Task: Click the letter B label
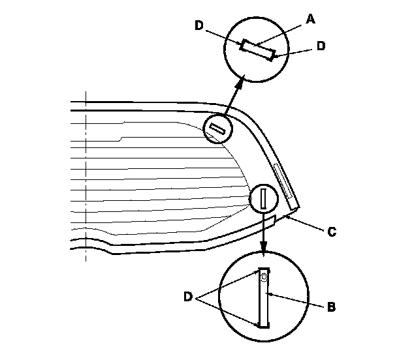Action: coord(330,305)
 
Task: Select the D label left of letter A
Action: coord(199,25)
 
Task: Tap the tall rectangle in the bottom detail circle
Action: coord(264,298)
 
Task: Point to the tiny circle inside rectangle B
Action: coord(263,277)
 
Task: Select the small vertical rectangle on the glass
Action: coord(263,198)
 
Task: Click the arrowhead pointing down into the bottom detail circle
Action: coord(263,250)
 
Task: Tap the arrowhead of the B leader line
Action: coord(270,295)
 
